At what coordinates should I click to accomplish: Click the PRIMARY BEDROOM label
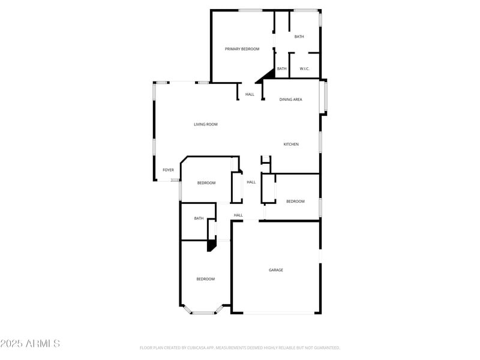242,49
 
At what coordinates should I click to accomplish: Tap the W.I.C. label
304,69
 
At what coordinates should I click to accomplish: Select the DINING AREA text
290,100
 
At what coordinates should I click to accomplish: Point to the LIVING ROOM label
205,124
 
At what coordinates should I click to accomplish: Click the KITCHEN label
291,144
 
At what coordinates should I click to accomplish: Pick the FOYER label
168,170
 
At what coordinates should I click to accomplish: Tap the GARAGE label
275,270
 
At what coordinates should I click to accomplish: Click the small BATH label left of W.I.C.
281,69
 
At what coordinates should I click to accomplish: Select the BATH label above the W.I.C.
299,37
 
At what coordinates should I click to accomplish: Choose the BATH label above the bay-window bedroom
199,218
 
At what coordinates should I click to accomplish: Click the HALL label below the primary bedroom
250,94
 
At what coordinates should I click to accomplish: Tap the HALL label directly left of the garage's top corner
238,215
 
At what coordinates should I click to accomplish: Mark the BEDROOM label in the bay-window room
205,279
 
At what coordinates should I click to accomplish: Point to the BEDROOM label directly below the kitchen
295,202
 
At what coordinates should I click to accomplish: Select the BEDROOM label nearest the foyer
206,183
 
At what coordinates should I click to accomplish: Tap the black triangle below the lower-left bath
211,245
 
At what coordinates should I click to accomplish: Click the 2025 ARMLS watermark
30,344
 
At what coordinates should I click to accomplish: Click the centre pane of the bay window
204,313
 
